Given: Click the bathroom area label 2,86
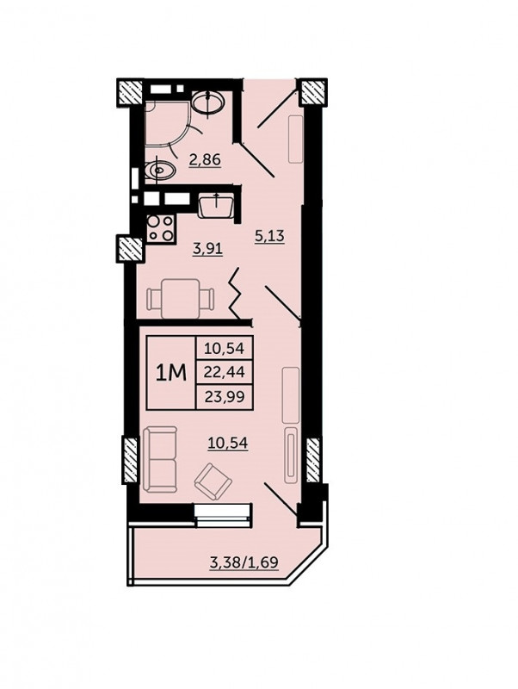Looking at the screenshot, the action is (205, 159).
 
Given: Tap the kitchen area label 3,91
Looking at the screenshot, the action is (208, 249).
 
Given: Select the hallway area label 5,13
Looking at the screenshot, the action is (270, 235).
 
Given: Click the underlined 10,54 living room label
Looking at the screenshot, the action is (228, 443).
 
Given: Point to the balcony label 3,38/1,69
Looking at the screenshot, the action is (244, 562).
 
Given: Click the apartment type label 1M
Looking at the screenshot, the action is (171, 373).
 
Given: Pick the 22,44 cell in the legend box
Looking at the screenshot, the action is (225, 373).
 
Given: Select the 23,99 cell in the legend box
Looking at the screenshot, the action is (225, 397).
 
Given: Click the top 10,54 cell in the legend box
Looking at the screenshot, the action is (225, 349).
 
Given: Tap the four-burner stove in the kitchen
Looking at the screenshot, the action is (160, 228).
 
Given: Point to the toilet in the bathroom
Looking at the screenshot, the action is (158, 169).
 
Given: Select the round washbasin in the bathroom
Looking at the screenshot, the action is (208, 102).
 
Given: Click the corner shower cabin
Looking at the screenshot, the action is (167, 123).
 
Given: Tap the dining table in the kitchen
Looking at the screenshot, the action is (181, 299).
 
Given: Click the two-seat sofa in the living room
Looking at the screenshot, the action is (160, 460).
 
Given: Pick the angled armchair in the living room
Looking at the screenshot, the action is (213, 481).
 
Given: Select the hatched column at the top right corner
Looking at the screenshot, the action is (312, 92).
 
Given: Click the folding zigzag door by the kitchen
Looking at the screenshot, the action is (236, 294).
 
